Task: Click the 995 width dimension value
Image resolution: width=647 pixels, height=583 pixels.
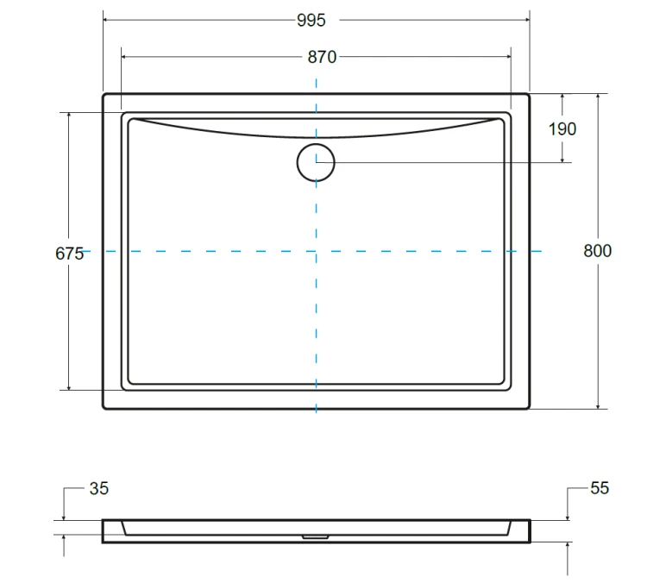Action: coord(311,20)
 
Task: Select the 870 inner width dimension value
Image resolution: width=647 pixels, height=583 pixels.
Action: coord(322,57)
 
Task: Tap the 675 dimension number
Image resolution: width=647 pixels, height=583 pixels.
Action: coord(69,254)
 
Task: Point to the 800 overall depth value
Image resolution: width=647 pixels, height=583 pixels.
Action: coord(597,251)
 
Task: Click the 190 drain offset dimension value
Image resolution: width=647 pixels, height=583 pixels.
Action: coord(562,129)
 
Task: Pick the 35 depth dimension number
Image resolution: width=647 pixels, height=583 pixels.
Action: coord(99,488)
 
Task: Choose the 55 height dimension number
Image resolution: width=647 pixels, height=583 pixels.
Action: coord(600,488)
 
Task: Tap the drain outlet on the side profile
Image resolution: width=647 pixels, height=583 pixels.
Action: coord(315,536)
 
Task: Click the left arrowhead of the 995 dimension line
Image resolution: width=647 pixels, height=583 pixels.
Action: coord(105,19)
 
